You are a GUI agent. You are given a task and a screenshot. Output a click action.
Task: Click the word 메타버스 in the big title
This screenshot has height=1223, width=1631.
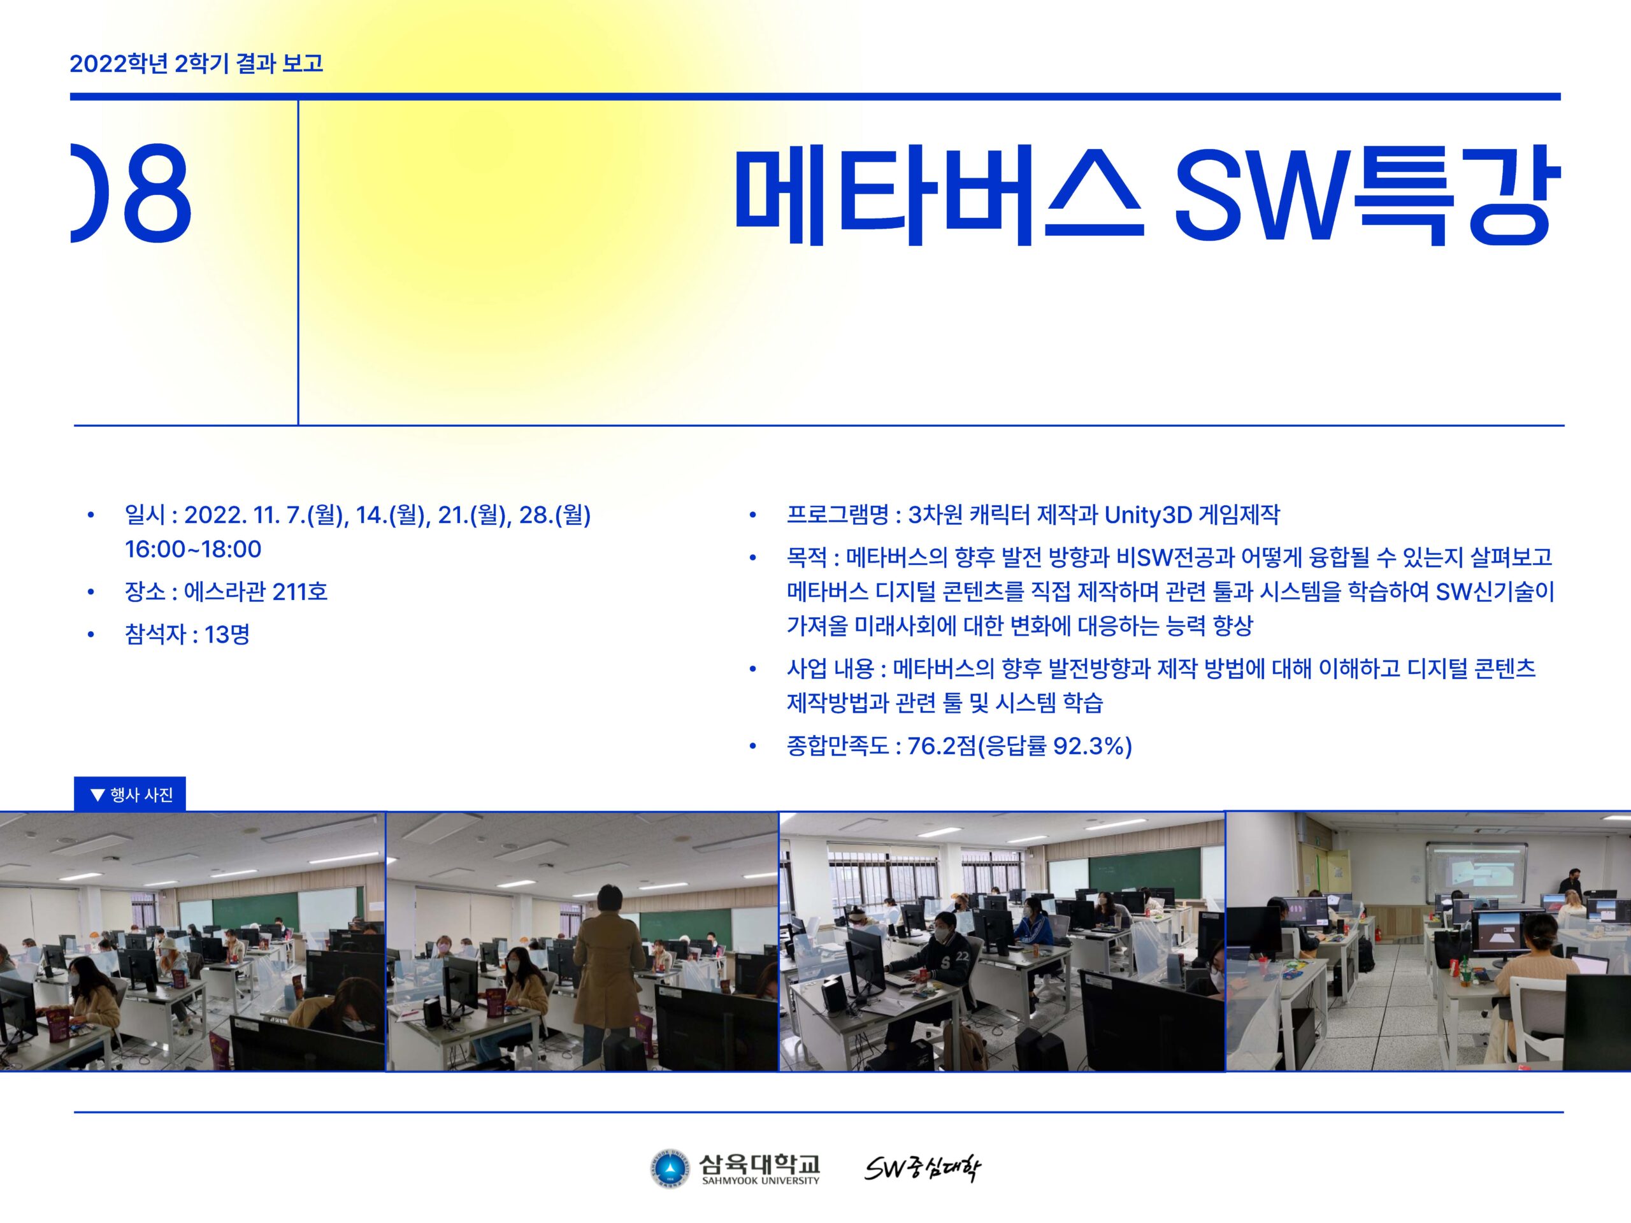pos(938,196)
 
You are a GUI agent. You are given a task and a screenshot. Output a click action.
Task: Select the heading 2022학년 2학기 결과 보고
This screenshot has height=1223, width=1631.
pos(196,64)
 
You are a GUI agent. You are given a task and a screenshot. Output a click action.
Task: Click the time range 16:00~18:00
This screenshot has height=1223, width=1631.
pos(193,549)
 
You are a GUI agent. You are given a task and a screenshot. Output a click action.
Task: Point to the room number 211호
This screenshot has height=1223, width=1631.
pos(299,591)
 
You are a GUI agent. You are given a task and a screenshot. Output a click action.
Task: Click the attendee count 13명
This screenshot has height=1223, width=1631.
pos(227,634)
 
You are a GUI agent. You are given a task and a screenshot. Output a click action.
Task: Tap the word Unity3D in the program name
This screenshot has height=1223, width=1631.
pos(1148,515)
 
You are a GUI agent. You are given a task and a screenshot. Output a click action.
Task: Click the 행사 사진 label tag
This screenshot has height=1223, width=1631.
pos(130,794)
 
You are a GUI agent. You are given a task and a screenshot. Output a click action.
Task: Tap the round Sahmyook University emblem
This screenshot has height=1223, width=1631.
pos(670,1170)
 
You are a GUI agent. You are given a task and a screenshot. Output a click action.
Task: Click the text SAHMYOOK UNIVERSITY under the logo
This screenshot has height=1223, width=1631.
pos(760,1181)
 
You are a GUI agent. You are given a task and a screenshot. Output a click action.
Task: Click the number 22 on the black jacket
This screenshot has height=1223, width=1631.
pos(963,956)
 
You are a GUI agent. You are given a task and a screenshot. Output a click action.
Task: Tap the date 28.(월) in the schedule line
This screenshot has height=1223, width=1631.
pos(555,515)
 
